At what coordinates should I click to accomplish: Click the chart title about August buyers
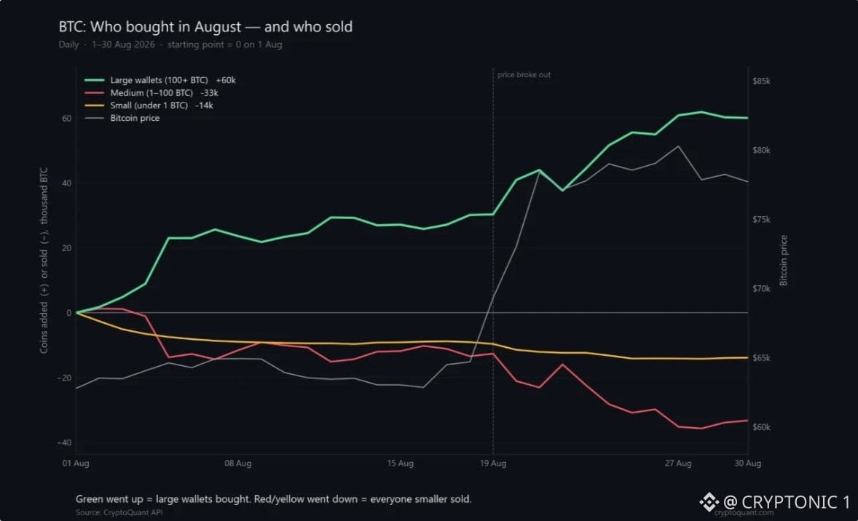pos(205,27)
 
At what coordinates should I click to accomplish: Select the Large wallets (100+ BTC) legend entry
pos(160,80)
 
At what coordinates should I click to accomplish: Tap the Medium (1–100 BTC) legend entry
pos(151,93)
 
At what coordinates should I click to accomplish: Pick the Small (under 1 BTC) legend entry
pos(149,106)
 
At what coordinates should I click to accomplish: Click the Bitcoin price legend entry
pos(122,118)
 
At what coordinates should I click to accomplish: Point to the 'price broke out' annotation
pos(524,75)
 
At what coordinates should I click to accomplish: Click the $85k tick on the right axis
pos(761,81)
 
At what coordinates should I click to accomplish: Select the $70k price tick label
pos(761,289)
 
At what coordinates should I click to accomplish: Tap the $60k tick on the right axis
pos(761,427)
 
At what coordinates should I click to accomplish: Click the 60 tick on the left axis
pos(66,119)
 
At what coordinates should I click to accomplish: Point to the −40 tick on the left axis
pos(64,443)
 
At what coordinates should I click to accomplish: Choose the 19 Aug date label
pos(493,464)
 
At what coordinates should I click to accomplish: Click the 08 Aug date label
pos(238,464)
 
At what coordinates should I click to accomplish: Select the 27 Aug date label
pos(678,464)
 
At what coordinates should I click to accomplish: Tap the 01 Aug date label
pos(76,464)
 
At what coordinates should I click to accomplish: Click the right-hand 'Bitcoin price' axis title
pos(784,260)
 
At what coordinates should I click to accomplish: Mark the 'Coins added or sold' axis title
pos(44,260)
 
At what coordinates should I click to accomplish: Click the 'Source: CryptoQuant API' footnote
pos(119,512)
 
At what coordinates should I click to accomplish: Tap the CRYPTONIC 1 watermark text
pos(787,502)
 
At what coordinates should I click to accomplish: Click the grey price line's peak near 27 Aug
pos(679,146)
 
